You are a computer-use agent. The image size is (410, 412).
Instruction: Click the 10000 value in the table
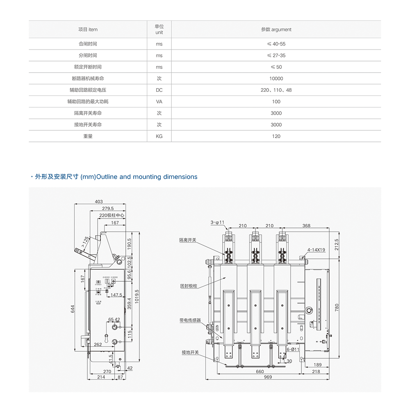276,78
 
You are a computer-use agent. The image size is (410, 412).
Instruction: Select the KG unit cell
159,136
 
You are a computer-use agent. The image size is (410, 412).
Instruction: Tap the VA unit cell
159,101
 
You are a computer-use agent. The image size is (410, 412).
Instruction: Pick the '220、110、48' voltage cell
276,90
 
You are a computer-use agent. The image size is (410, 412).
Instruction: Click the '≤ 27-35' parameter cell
276,55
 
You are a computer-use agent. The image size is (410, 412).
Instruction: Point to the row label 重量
88,136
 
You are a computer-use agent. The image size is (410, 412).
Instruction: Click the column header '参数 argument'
276,30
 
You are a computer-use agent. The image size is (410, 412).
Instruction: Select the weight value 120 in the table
276,136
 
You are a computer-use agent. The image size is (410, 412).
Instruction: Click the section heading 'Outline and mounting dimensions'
114,177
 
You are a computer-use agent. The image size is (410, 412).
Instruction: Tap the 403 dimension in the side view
99,201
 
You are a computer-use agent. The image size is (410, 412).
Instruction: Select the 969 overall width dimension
268,377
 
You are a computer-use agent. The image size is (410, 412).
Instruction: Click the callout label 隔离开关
187,240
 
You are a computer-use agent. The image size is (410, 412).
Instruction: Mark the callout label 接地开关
190,352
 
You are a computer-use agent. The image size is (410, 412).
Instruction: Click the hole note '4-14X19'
316,249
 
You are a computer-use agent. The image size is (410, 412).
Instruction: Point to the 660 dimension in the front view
260,371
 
